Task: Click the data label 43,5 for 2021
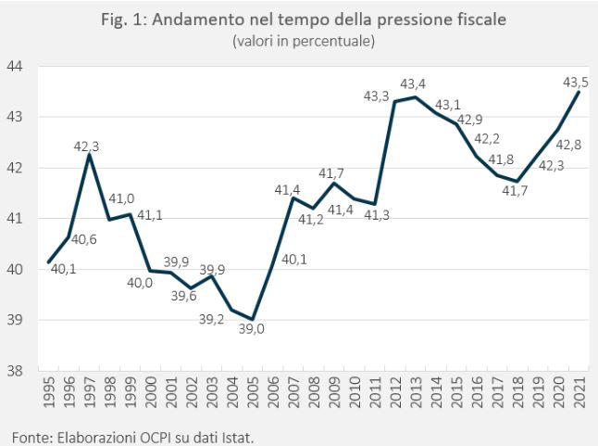click(576, 83)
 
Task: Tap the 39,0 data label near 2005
click(252, 327)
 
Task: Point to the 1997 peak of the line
click(89, 155)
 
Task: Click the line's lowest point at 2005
click(253, 319)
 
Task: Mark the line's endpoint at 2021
click(579, 92)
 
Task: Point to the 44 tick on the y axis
click(16, 67)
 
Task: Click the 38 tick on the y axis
click(16, 371)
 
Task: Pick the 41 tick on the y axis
click(16, 219)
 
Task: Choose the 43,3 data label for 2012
click(377, 96)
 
